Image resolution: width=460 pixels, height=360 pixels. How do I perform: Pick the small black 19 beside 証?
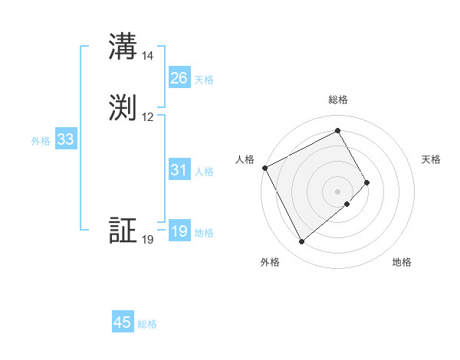(x=148, y=240)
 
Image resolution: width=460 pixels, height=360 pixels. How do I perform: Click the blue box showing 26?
(x=179, y=78)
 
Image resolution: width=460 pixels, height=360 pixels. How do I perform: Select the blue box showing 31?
(x=179, y=171)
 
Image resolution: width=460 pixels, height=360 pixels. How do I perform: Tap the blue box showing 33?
(x=65, y=140)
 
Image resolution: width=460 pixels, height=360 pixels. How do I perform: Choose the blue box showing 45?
(x=123, y=322)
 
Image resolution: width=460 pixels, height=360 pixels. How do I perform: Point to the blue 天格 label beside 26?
(x=204, y=80)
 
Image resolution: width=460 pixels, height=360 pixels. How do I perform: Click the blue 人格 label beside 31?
(x=204, y=172)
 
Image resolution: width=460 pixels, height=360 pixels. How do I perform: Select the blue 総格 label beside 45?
(x=147, y=324)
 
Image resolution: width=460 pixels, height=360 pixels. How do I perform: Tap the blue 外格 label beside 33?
(x=41, y=141)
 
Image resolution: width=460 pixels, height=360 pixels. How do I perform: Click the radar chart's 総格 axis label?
(x=338, y=100)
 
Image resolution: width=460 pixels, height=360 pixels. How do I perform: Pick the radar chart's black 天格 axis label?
(x=432, y=159)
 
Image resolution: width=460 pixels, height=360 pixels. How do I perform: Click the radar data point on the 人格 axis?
(x=264, y=168)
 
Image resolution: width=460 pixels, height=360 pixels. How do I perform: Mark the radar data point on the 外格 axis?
(x=301, y=242)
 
